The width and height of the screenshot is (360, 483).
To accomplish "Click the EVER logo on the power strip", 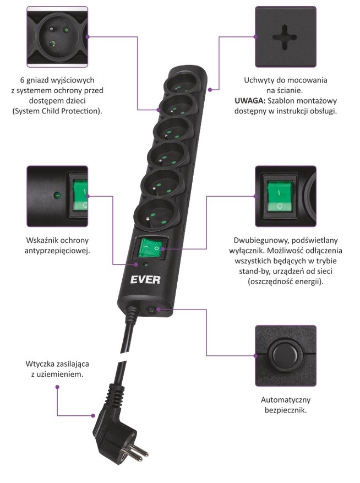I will pos(145,279).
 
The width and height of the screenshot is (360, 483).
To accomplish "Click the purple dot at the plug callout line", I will pos(57,387).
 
